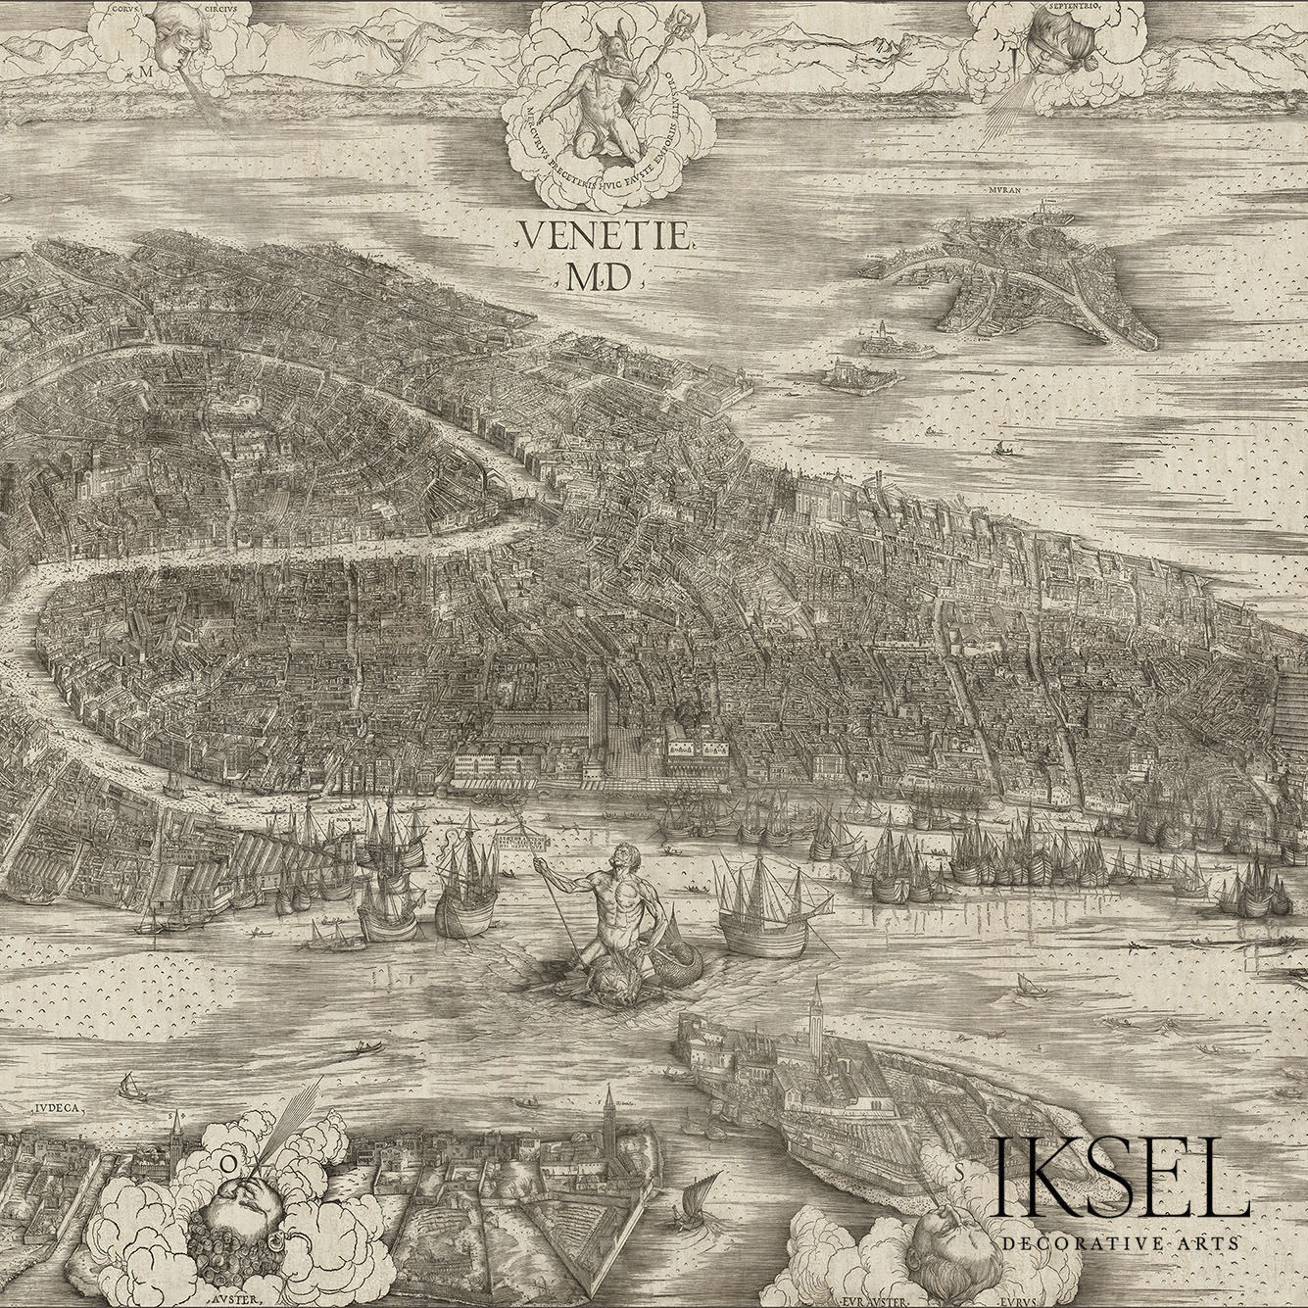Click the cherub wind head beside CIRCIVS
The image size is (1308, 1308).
[177, 39]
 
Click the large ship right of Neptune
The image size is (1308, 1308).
[764, 906]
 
